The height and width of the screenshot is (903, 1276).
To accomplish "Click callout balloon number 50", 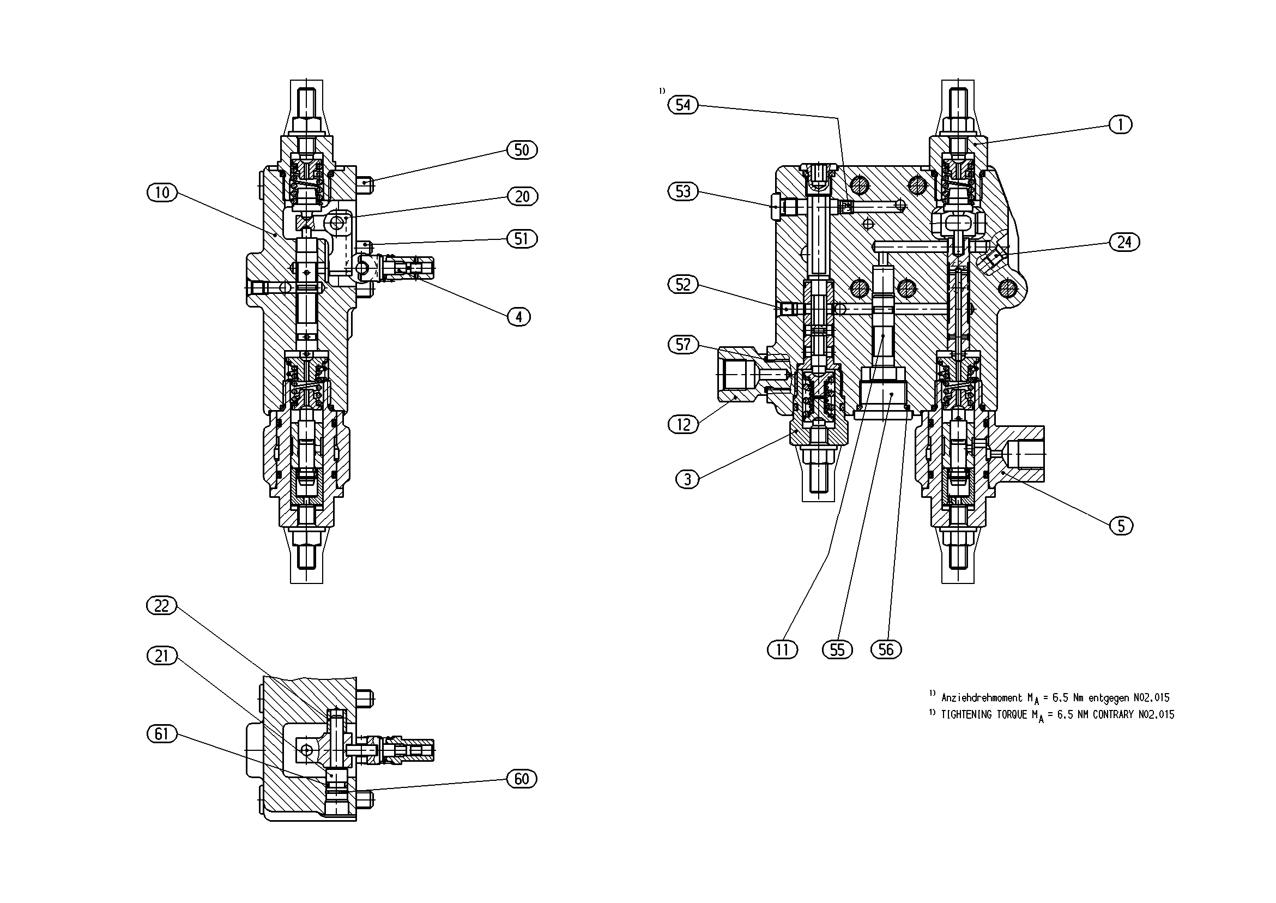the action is pos(522,149).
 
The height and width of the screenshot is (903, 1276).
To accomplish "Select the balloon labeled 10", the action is pos(162,192).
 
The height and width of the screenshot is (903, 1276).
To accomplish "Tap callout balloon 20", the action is pos(522,196).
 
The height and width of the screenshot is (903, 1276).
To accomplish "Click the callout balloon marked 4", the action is pos(519,317).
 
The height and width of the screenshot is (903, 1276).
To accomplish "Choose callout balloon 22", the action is pos(162,605).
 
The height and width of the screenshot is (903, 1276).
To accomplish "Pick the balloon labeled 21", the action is pos(162,656).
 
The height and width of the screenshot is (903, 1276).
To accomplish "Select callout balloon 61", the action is pos(162,734).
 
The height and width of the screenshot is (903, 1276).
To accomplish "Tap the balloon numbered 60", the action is pos(522,779).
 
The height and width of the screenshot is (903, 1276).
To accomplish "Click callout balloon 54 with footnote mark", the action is pos(682,105).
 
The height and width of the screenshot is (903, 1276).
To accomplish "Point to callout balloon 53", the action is pos(682,191).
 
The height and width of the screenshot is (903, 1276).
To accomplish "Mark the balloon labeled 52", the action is pos(682,285).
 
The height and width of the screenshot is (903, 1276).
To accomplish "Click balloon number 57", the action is pos(682,345).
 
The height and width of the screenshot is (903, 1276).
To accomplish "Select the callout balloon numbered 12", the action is pos(683,425).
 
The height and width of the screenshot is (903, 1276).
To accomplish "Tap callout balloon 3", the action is pos(687,479).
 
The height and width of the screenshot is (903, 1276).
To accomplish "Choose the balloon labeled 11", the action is pos(783,649).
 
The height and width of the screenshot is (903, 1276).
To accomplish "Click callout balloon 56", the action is pos(886,649).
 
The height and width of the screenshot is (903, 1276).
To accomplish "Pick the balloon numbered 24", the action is pos(1124,242).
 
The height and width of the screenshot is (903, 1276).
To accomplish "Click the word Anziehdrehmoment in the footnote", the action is pos(982,697).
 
